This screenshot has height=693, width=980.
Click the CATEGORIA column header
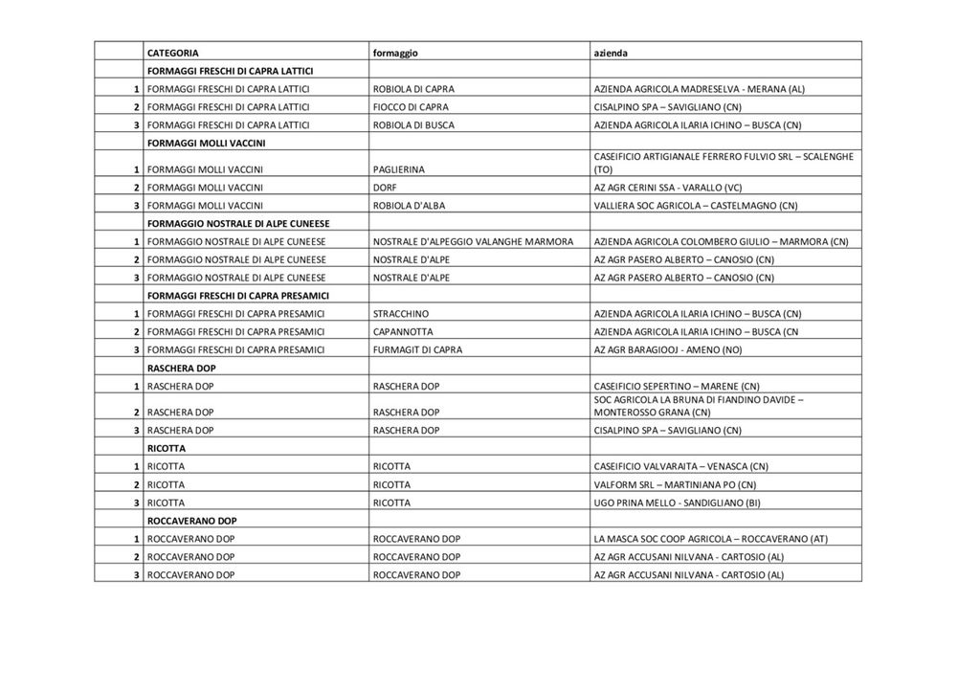point(173,53)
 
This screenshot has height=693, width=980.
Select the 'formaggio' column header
point(395,53)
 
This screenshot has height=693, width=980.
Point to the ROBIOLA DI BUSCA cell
point(413,125)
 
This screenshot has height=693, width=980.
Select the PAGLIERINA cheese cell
point(398,169)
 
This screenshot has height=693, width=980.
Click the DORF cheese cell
point(385,188)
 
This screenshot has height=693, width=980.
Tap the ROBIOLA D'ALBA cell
point(409,206)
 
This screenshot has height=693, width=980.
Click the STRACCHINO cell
point(401,314)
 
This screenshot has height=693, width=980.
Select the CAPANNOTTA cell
point(404,332)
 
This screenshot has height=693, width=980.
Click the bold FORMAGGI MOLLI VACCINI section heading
point(206,144)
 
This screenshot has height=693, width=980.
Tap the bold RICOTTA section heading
point(167,448)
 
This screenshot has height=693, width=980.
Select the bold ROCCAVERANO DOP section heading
point(192,521)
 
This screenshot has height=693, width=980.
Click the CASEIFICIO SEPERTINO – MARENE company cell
point(677,386)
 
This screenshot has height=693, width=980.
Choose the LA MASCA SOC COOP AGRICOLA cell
point(711,539)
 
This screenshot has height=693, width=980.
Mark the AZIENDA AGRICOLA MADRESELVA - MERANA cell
point(700,89)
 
